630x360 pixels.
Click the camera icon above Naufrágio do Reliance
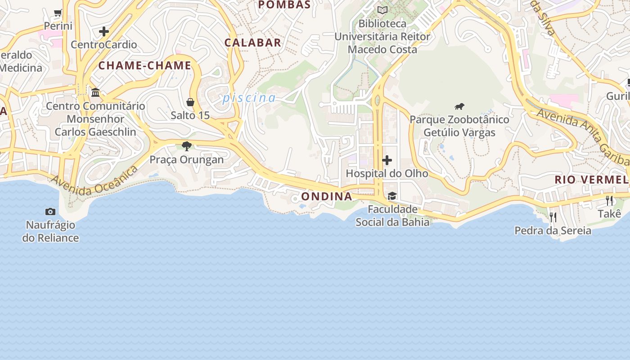pyautogui.click(x=50, y=211)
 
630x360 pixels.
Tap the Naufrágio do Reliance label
pyautogui.click(x=50, y=231)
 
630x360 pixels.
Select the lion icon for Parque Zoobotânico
pyautogui.click(x=459, y=107)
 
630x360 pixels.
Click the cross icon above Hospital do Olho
pyautogui.click(x=387, y=160)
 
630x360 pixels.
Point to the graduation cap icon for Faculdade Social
pyautogui.click(x=392, y=196)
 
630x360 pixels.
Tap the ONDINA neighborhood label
pyautogui.click(x=327, y=197)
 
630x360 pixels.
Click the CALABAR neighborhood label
pyautogui.click(x=253, y=43)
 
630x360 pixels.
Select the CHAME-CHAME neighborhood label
pyautogui.click(x=145, y=66)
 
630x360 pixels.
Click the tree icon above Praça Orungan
pyautogui.click(x=187, y=146)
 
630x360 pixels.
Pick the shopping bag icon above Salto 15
pyautogui.click(x=190, y=102)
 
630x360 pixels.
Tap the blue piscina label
pyautogui.click(x=249, y=98)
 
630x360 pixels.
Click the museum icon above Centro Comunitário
pyautogui.click(x=95, y=93)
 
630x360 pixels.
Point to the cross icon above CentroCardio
pyautogui.click(x=104, y=31)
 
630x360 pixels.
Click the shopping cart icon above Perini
pyautogui.click(x=58, y=13)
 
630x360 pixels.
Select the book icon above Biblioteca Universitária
pyautogui.click(x=382, y=10)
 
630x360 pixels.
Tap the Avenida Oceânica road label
pyautogui.click(x=94, y=181)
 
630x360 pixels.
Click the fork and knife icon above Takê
pyautogui.click(x=609, y=200)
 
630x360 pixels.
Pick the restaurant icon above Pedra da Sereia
pyautogui.click(x=553, y=217)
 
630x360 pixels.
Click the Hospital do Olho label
pyautogui.click(x=387, y=173)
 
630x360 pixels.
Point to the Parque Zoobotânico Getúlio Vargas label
pyautogui.click(x=459, y=126)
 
